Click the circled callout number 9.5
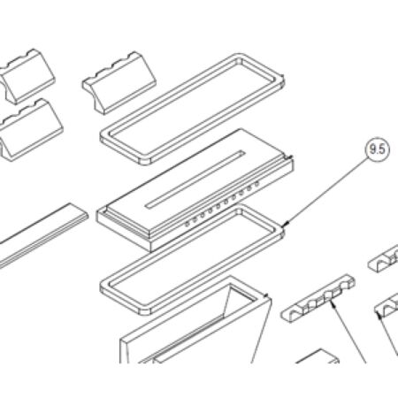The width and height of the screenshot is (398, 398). (378, 149)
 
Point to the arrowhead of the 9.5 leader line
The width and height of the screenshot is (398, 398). (287, 224)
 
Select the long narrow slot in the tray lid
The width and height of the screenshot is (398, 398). (195, 180)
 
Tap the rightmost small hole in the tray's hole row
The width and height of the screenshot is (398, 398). (256, 184)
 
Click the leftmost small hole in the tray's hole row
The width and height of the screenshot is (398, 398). (187, 225)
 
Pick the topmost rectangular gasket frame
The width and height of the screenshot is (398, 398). (192, 109)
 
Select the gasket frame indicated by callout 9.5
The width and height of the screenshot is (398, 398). (192, 259)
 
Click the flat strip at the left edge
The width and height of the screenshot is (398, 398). (42, 235)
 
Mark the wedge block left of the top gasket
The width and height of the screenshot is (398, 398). (119, 83)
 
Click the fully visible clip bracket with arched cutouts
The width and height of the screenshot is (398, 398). (318, 298)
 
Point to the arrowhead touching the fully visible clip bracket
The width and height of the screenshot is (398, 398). (333, 302)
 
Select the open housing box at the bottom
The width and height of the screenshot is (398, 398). (195, 320)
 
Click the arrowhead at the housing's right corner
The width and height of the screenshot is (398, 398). (267, 295)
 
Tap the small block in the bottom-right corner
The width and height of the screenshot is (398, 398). (318, 356)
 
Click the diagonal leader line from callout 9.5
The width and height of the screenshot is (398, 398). (327, 191)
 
